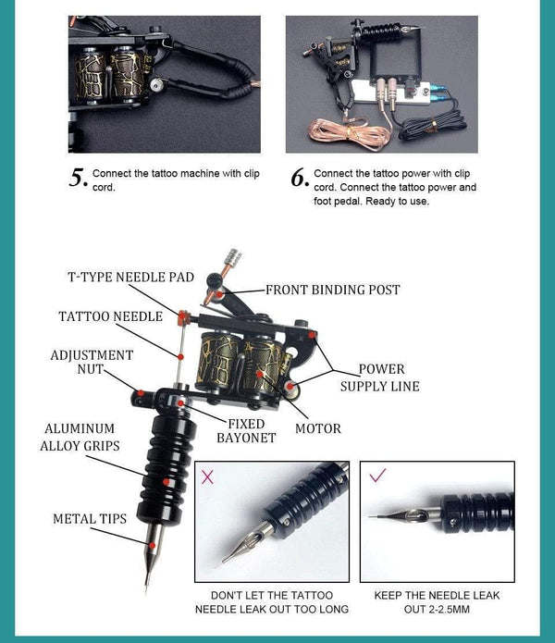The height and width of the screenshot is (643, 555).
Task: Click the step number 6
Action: [299, 177]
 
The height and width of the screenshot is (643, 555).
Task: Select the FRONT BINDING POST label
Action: [332, 290]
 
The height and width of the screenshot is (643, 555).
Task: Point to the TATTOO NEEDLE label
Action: [110, 316]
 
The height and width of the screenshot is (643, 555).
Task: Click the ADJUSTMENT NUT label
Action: [92, 363]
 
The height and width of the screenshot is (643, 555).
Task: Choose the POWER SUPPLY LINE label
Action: [380, 377]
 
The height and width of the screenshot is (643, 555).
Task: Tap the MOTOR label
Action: [317, 428]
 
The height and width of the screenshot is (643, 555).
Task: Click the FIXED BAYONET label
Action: [246, 430]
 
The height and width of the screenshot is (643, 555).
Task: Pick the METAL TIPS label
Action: [89, 519]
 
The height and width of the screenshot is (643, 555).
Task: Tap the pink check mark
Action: [376, 476]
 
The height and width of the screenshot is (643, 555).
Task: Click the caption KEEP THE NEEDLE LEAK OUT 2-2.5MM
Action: [437, 601]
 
